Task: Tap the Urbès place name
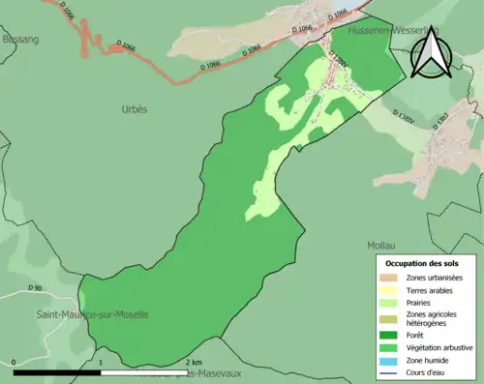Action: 135,109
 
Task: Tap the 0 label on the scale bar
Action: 15,363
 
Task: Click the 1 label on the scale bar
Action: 102,363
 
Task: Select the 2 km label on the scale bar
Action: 194,363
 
